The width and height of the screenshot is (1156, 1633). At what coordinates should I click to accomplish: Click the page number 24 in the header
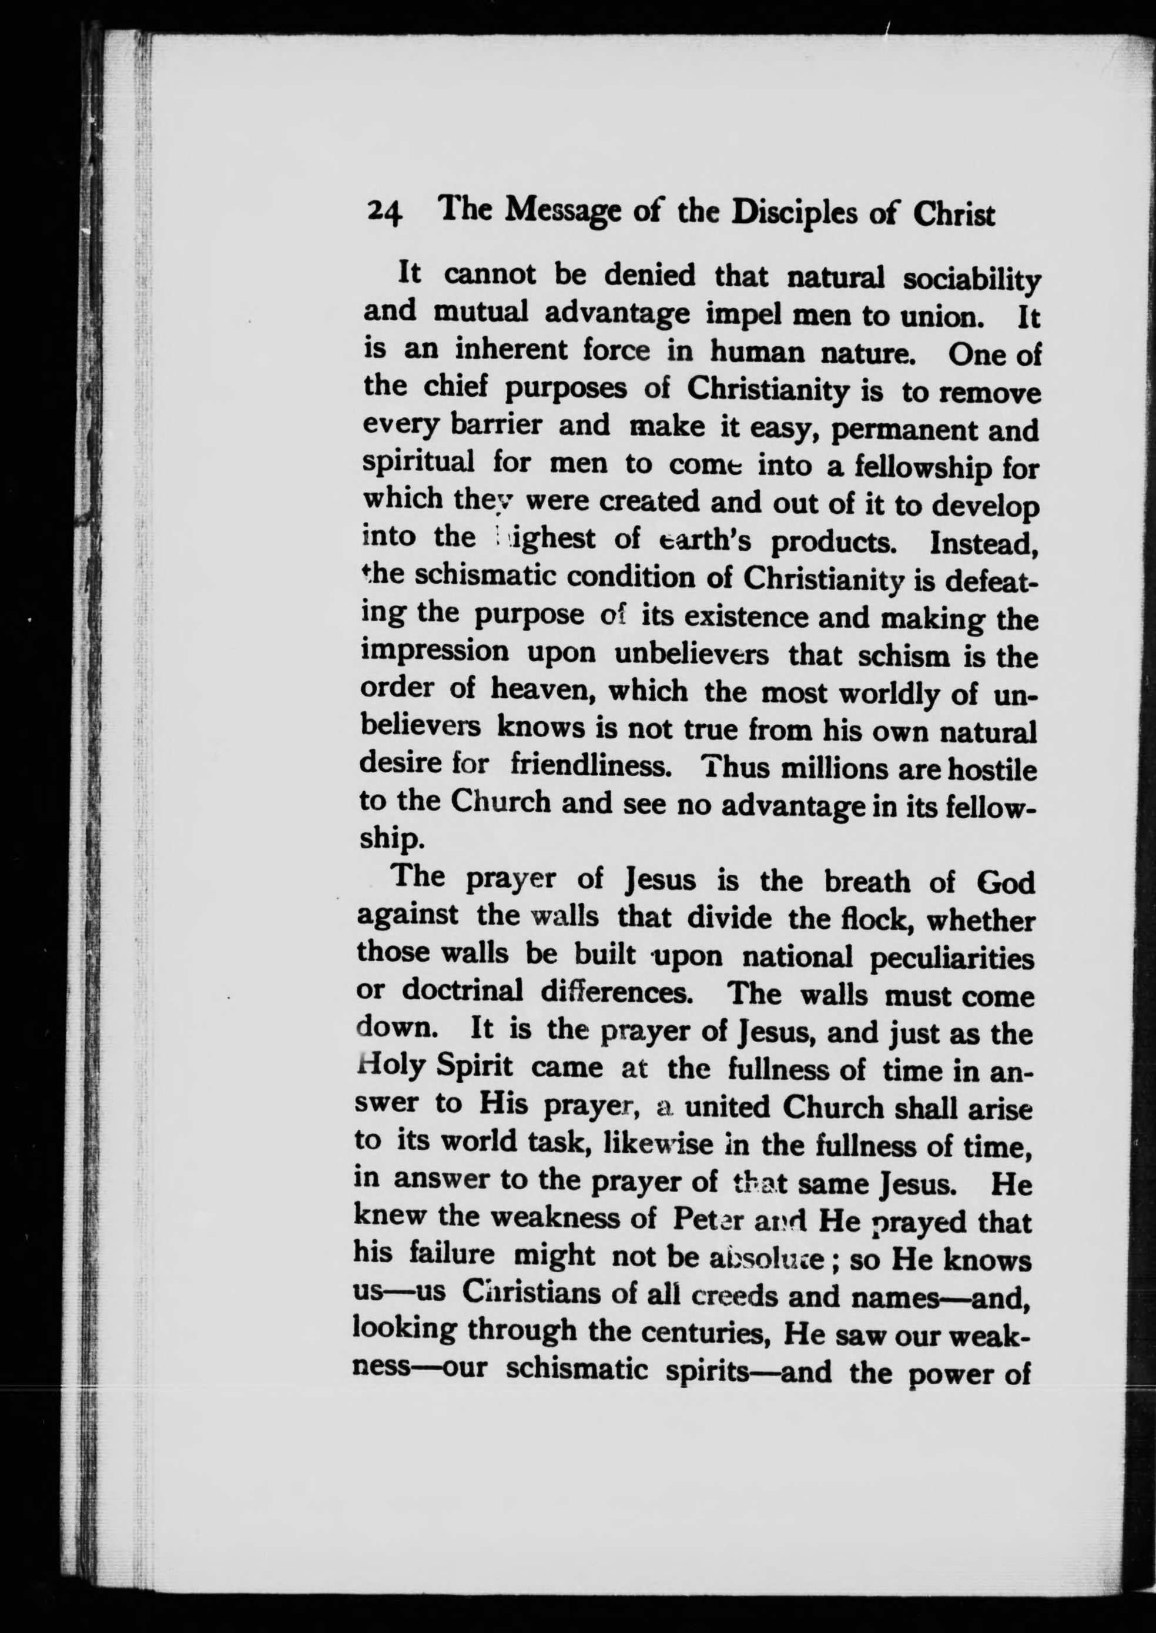coord(385,212)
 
